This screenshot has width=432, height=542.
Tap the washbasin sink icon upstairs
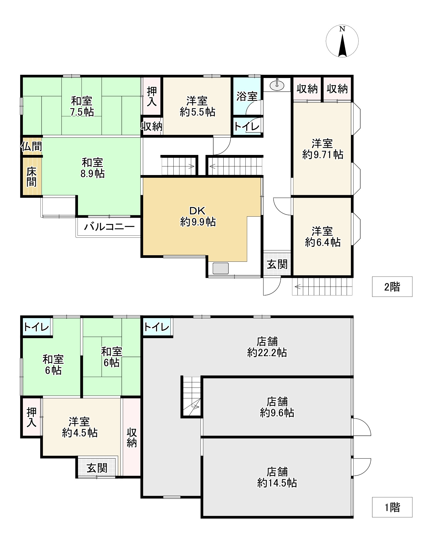coord(277,85)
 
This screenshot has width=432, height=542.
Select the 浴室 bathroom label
coord(246,96)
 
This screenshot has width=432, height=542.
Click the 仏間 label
coord(32,147)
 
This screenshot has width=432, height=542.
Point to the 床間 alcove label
coord(32,177)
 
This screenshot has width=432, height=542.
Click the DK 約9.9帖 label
coord(198,217)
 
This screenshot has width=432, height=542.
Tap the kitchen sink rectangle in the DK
coord(220,268)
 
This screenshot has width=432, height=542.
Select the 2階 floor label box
coord(392,287)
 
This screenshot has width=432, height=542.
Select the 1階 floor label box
coord(392,507)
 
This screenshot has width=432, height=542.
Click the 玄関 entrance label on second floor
coord(277,264)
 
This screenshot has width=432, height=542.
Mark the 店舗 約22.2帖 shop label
coord(267,347)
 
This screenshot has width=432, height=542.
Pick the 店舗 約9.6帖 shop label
coord(277,407)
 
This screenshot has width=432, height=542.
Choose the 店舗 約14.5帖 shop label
coord(277,478)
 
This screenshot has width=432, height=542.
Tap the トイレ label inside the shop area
coord(156,327)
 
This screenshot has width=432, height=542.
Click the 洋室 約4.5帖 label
coord(80,427)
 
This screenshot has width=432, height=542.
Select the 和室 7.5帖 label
coord(82,107)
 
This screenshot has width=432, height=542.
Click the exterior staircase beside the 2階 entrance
coord(323,286)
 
